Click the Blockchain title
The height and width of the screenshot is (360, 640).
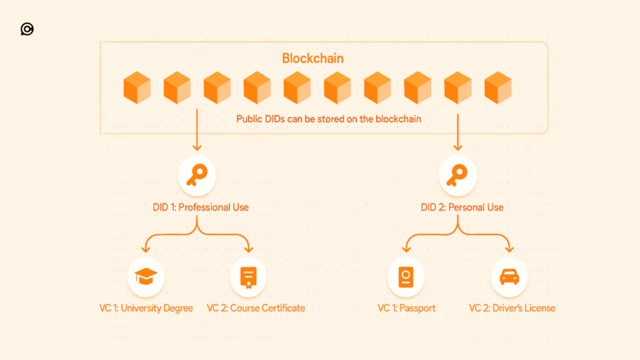coord(312,59)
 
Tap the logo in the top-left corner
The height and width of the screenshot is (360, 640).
coord(27,29)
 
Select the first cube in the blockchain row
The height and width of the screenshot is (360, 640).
coord(137,87)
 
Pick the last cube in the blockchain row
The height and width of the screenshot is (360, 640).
coord(497,87)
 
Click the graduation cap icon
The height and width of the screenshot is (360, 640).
coord(146,277)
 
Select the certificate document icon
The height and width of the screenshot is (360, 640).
coord(248,277)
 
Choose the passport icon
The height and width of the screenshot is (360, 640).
coord(406,277)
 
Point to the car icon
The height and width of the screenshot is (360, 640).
coord(509,277)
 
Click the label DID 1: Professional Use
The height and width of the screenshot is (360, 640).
coord(201,207)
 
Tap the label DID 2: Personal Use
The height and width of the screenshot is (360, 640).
coord(462,207)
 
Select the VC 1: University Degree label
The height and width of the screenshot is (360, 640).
coord(146,307)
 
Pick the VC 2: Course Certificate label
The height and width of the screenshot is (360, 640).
coord(256,307)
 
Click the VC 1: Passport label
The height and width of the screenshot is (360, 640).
coord(406,307)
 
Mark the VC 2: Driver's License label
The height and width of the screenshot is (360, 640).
coord(512,307)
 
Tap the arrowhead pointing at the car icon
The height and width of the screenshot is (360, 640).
coord(509,251)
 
